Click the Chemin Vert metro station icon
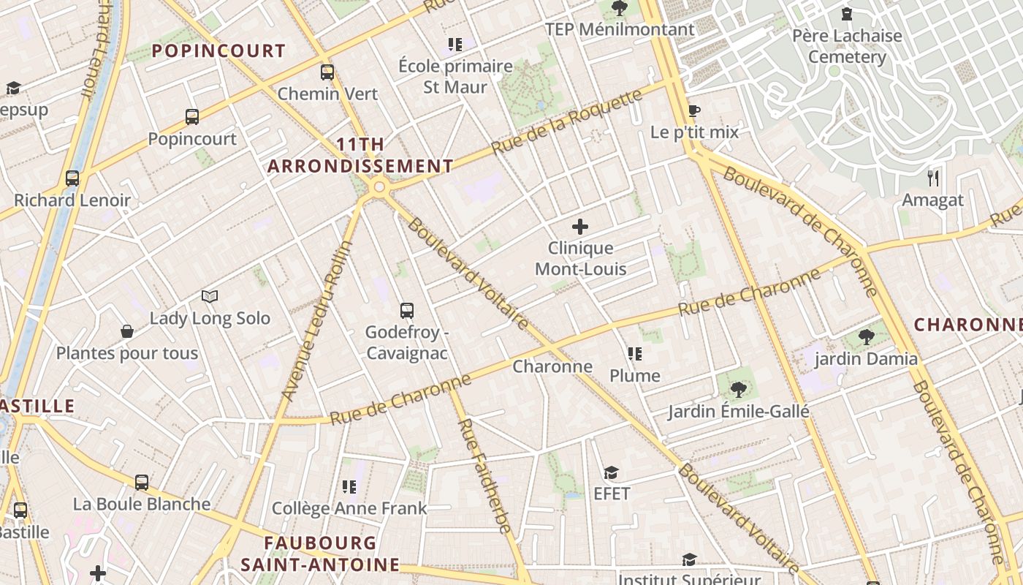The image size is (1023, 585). tap(327, 72)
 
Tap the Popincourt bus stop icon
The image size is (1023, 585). tap(192, 117)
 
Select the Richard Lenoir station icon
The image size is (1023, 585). tap(72, 178)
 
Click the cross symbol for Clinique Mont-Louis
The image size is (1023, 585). tap(580, 227)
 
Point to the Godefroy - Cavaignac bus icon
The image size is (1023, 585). tap(407, 311)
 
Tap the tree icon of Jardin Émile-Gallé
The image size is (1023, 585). tap(738, 390)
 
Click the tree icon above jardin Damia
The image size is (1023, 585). tap(867, 337)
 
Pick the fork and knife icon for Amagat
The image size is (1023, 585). tap(933, 178)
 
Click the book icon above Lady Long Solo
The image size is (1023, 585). tap(210, 297)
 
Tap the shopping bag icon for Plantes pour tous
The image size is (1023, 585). tap(127, 332)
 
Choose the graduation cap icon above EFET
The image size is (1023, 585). tap(612, 472)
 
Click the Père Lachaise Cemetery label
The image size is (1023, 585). tap(847, 46)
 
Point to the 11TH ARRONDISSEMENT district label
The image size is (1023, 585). tap(360, 155)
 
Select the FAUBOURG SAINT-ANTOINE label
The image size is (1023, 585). tap(321, 554)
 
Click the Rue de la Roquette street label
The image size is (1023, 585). tap(566, 122)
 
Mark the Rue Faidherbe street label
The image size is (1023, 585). tap(484, 475)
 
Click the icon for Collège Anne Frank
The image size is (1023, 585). tap(349, 487)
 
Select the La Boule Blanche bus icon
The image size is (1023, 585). tap(142, 483)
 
